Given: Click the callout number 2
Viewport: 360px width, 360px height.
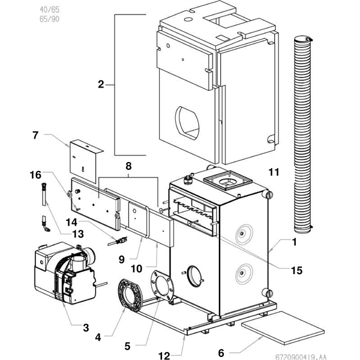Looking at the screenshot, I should (101, 85).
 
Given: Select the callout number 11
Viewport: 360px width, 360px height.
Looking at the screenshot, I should (274, 173).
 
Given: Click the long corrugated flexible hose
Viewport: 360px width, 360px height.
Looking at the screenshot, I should (302, 135).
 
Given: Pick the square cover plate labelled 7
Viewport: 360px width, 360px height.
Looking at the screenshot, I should (83, 160).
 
